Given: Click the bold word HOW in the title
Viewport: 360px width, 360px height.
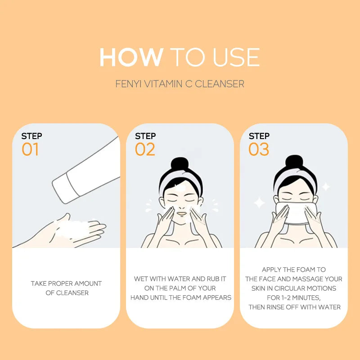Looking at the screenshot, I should click(x=131, y=58).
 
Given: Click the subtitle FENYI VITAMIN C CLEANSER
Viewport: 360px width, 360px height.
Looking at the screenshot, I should click(x=180, y=84).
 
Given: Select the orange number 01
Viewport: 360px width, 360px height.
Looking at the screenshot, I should click(x=30, y=149).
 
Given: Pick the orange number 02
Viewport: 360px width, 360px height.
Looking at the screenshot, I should click(x=145, y=149).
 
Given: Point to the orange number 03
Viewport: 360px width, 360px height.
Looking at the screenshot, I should click(x=259, y=149).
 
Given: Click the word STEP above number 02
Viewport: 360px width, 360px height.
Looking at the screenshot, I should click(x=145, y=136).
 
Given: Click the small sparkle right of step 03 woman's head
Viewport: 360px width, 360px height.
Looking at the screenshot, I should click(x=326, y=186).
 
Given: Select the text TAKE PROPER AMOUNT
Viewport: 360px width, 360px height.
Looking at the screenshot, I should click(x=66, y=283).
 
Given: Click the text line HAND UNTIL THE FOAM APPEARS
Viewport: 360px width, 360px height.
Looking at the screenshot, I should click(x=181, y=297).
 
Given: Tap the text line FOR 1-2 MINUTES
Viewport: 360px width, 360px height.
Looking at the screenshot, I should click(x=295, y=297).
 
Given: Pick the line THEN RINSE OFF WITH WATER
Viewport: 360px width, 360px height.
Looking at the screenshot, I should click(x=295, y=307).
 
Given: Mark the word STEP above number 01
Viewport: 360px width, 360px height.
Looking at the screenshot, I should click(x=31, y=136).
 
